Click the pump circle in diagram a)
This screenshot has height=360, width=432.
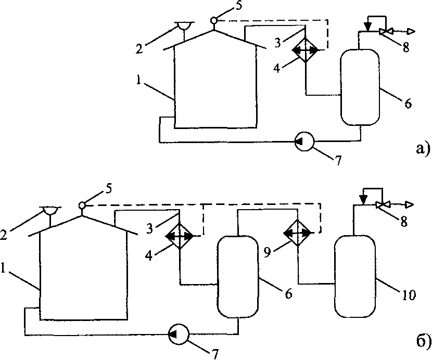point(304,142)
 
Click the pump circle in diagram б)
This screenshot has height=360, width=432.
point(179,334)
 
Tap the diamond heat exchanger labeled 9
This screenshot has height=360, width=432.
point(298,233)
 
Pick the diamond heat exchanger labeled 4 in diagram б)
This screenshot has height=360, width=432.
point(180,236)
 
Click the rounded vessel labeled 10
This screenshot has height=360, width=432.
point(355,276)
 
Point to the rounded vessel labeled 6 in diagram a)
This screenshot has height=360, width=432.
point(360,87)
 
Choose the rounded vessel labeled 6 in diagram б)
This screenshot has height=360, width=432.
point(238,277)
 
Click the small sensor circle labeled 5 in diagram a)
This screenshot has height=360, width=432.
point(214,20)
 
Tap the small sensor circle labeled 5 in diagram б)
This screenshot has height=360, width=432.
point(82,205)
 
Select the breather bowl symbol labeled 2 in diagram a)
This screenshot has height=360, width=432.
point(184,26)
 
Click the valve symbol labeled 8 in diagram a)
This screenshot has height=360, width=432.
point(386,32)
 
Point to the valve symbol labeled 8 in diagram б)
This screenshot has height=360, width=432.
point(382,204)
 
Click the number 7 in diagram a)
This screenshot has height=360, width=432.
point(338,161)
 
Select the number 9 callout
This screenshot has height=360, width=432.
point(266,253)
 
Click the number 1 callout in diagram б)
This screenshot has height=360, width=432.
point(3,268)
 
